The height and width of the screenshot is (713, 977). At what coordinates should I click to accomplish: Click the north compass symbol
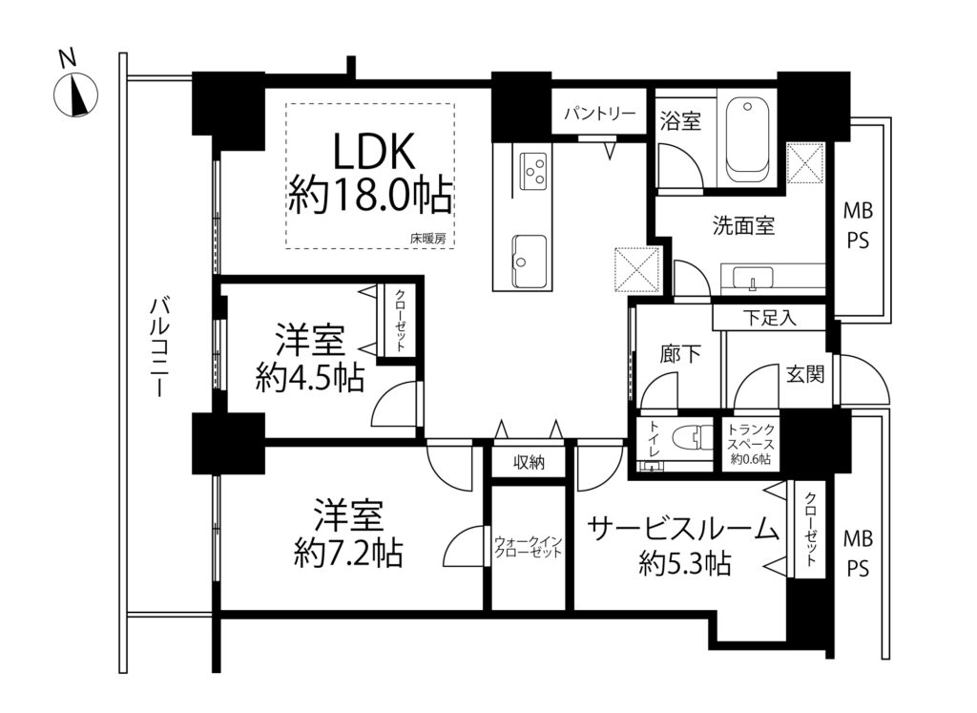[x=76, y=94]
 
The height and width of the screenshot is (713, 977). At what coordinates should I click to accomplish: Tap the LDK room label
[x=374, y=152]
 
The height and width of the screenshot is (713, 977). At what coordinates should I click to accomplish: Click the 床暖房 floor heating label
[x=427, y=238]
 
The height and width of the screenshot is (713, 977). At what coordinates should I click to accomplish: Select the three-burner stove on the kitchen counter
[x=533, y=171]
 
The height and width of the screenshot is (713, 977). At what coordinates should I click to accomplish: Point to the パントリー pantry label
[x=599, y=114]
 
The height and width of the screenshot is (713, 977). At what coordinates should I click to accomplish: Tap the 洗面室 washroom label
[x=744, y=225]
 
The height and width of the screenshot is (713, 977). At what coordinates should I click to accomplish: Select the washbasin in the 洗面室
[x=753, y=278]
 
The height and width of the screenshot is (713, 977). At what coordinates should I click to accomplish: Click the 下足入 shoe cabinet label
[x=770, y=319]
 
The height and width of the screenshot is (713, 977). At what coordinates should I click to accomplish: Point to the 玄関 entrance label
[x=805, y=374]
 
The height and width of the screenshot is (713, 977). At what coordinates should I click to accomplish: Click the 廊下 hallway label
[x=679, y=354]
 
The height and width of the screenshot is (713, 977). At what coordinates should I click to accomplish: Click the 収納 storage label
[x=529, y=463]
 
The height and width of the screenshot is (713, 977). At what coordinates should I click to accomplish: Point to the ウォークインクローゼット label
[x=529, y=547]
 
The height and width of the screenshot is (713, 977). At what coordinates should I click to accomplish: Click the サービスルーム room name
[x=683, y=530]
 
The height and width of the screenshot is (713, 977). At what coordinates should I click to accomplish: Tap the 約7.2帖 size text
[x=348, y=552]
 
